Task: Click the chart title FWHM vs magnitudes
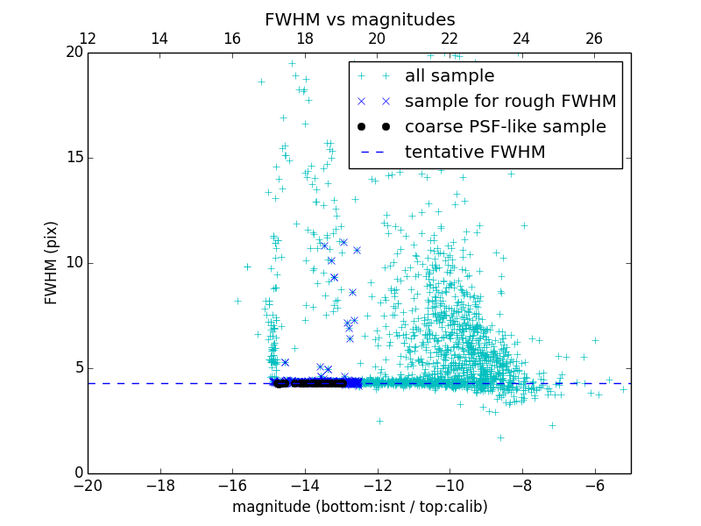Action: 359,19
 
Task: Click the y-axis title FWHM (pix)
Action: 52,263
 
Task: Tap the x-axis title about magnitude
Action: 359,507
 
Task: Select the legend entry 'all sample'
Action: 450,76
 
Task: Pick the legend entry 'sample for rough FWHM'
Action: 510,102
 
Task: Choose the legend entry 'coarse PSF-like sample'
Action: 505,127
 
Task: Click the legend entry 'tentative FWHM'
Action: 474,153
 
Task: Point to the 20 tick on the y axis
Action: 74,53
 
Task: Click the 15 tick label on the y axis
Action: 74,158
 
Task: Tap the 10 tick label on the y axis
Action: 74,263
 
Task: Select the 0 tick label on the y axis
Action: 78,473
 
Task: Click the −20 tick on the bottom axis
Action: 88,485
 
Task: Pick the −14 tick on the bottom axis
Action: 305,485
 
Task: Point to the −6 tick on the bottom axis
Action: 594,485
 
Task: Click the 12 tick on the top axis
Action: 88,39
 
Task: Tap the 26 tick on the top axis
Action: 594,39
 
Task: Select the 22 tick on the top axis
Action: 450,39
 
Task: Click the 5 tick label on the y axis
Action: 78,368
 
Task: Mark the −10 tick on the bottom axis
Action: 450,485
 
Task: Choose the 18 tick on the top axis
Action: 305,39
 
